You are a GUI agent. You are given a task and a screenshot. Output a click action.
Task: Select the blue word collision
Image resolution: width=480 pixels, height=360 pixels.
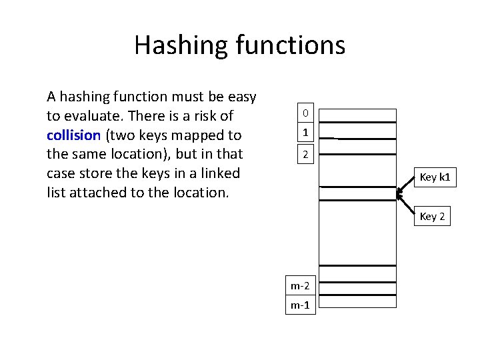pyautogui.click(x=73, y=135)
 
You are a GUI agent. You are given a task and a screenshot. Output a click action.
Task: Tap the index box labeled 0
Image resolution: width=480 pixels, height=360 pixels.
pyautogui.click(x=305, y=113)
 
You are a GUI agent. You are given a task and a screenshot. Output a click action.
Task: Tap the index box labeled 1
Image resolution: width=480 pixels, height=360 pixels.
pyautogui.click(x=305, y=133)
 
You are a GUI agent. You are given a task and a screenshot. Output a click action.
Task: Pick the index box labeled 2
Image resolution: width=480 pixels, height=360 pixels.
pyautogui.click(x=305, y=155)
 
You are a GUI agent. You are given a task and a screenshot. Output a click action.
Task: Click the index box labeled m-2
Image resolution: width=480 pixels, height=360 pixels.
pyautogui.click(x=299, y=286)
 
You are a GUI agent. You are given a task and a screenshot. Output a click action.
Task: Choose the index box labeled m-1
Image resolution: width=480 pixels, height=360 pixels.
pyautogui.click(x=299, y=305)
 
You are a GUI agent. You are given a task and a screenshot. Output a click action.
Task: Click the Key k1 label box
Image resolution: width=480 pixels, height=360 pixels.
pyautogui.click(x=435, y=177)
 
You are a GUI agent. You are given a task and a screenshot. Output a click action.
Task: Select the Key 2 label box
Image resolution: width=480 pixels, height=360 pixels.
pyautogui.click(x=432, y=216)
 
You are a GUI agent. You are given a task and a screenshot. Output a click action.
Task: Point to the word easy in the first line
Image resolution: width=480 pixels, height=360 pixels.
pyautogui.click(x=241, y=97)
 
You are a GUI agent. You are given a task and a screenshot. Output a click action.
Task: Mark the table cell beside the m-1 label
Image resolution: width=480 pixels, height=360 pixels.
pyautogui.click(x=357, y=306)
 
